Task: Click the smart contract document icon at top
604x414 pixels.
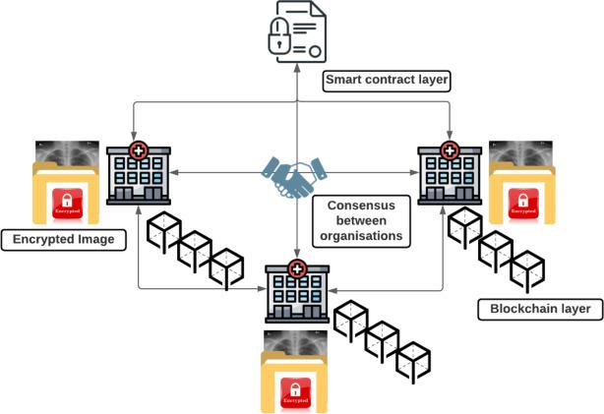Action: coord(297,33)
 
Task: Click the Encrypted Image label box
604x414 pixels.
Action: coord(64,239)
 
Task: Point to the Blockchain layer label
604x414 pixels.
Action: coord(539,309)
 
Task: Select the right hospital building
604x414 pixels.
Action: coord(450,175)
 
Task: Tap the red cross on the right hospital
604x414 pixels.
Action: coord(450,150)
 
